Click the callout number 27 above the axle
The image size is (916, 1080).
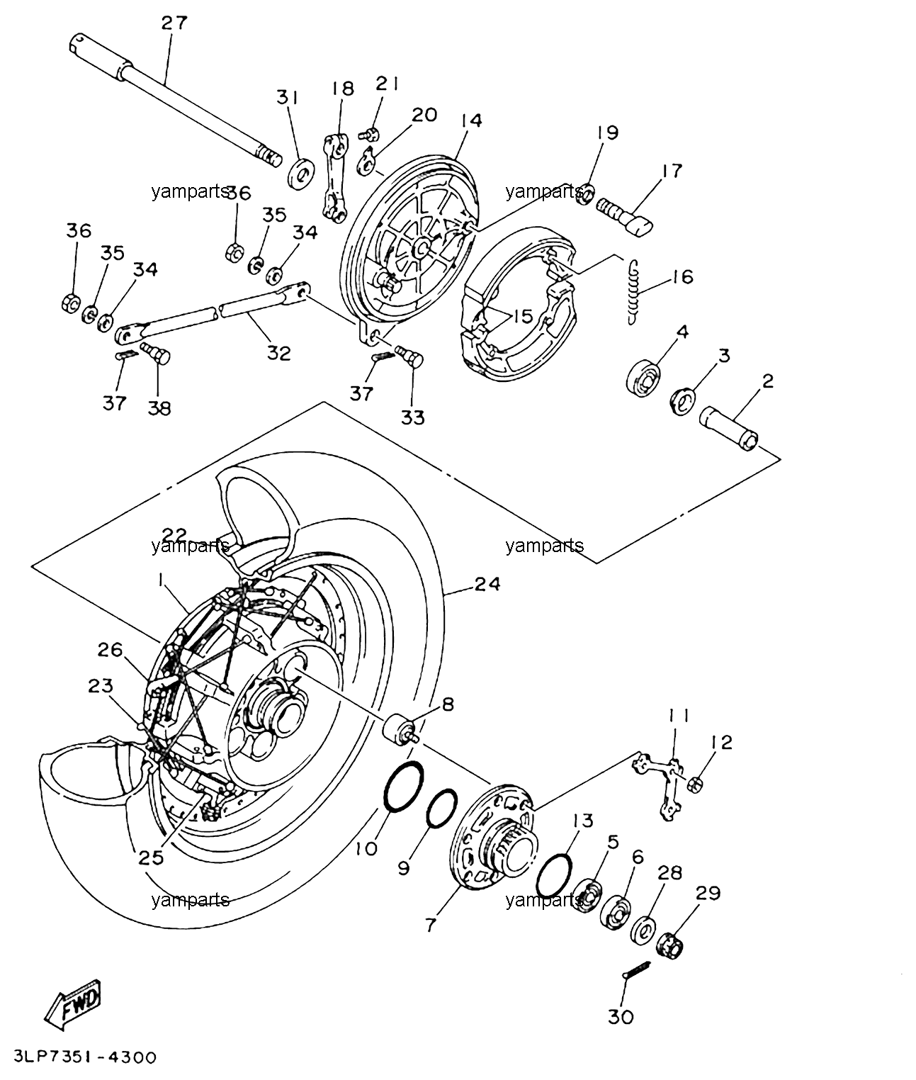pyautogui.click(x=174, y=23)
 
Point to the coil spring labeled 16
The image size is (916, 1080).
pyautogui.click(x=633, y=292)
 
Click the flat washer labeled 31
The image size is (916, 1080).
pyautogui.click(x=301, y=172)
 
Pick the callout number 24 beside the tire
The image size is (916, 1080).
pyautogui.click(x=487, y=584)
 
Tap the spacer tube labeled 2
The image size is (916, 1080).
pyautogui.click(x=728, y=429)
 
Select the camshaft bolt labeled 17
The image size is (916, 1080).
pyautogui.click(x=625, y=217)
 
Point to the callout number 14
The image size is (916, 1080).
pyautogui.click(x=472, y=120)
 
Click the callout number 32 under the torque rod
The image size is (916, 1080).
pyautogui.click(x=279, y=353)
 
